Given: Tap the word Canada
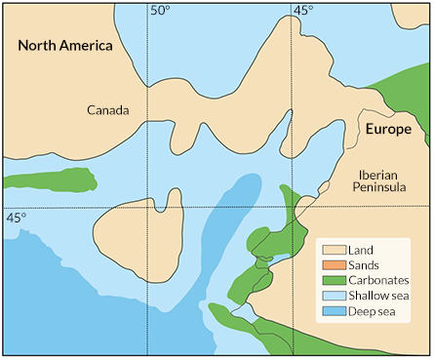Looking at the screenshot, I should (x=108, y=110).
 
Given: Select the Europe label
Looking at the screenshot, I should (x=388, y=129).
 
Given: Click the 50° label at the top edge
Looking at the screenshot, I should (x=159, y=11).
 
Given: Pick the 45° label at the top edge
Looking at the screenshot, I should (x=304, y=11).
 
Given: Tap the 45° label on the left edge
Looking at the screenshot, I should (x=16, y=217).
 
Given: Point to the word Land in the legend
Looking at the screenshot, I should (x=363, y=251).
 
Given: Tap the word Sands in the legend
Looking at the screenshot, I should (x=367, y=266).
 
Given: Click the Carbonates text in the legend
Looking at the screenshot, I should (x=381, y=282).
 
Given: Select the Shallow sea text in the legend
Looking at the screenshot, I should (x=382, y=298).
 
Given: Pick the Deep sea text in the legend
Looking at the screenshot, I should (x=375, y=313).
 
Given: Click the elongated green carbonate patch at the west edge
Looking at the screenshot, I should (x=54, y=180).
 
